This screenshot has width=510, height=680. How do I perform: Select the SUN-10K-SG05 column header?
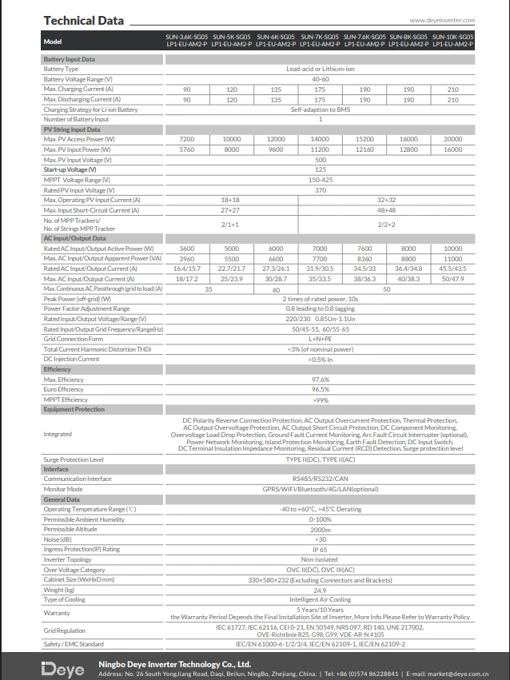(x=452, y=40)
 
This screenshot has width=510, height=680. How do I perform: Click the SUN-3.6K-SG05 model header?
(x=186, y=40)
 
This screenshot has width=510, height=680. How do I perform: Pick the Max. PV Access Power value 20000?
(x=452, y=139)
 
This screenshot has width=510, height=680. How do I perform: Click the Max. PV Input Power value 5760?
(x=186, y=149)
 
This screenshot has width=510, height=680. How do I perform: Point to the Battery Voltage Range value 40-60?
(x=320, y=79)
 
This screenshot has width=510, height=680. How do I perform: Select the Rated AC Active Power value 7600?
(x=364, y=249)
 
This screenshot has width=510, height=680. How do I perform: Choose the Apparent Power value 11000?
(x=452, y=259)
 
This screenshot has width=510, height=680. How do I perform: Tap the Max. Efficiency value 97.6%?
(x=320, y=380)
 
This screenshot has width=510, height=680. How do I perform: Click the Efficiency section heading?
(x=58, y=369)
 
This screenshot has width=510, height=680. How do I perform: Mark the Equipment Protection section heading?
(x=74, y=409)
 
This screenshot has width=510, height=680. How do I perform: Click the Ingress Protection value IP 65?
(x=320, y=549)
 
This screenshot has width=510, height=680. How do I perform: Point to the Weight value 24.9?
(x=320, y=589)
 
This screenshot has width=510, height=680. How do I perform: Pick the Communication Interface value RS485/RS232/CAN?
(x=320, y=479)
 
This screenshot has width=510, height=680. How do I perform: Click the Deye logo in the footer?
(x=62, y=666)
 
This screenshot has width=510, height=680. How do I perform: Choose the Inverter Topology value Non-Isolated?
(x=320, y=559)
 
